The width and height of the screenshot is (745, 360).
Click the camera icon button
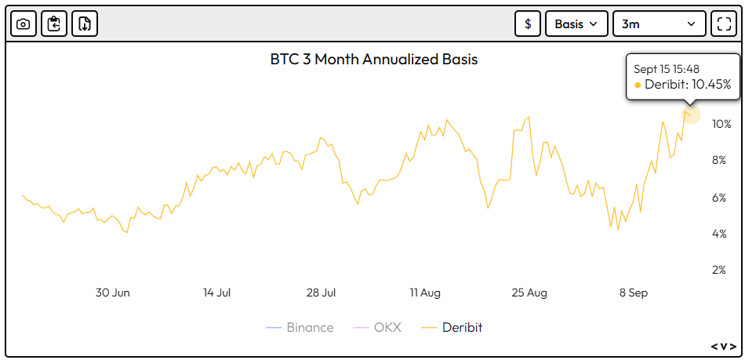click(x=24, y=24)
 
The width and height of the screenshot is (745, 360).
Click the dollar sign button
click(x=528, y=24)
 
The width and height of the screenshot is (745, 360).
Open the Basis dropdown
click(x=576, y=24)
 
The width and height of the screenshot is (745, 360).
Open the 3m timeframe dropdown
click(x=658, y=24)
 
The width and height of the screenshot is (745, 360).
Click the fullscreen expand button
click(x=722, y=24)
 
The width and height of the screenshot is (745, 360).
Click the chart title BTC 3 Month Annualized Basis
click(x=374, y=59)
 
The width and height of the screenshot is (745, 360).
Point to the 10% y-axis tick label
click(x=721, y=124)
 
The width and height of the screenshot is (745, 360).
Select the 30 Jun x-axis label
click(x=113, y=293)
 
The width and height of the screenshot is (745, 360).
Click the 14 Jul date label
click(x=217, y=293)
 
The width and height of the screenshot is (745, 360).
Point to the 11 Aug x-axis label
click(x=425, y=293)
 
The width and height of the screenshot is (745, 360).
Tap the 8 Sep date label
click(x=634, y=293)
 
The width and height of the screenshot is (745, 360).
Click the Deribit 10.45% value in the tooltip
click(x=688, y=85)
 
